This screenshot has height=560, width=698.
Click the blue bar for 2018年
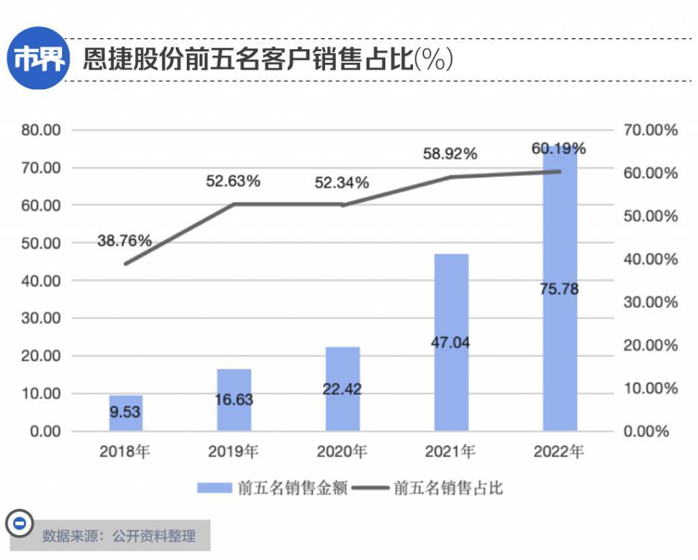(125, 413)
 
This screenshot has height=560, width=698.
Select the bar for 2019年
(234, 400)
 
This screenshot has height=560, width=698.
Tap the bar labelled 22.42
(342, 389)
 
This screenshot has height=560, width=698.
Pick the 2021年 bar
(451, 342)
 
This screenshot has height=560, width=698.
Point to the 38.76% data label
(124, 241)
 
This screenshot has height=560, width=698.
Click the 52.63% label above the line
(233, 181)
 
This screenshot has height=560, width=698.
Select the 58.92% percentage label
(450, 154)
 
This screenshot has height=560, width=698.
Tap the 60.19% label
(559, 149)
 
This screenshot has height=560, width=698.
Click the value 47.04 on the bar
(451, 342)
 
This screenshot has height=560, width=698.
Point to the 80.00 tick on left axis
(42, 130)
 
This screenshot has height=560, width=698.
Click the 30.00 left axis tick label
(42, 319)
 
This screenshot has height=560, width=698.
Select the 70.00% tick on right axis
(650, 130)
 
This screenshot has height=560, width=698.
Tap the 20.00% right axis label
(650, 345)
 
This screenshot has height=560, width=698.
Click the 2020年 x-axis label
(342, 452)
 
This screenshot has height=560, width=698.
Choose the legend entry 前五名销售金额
(273, 488)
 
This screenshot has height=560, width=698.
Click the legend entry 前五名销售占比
(429, 488)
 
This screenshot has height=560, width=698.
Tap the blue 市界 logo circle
(39, 59)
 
